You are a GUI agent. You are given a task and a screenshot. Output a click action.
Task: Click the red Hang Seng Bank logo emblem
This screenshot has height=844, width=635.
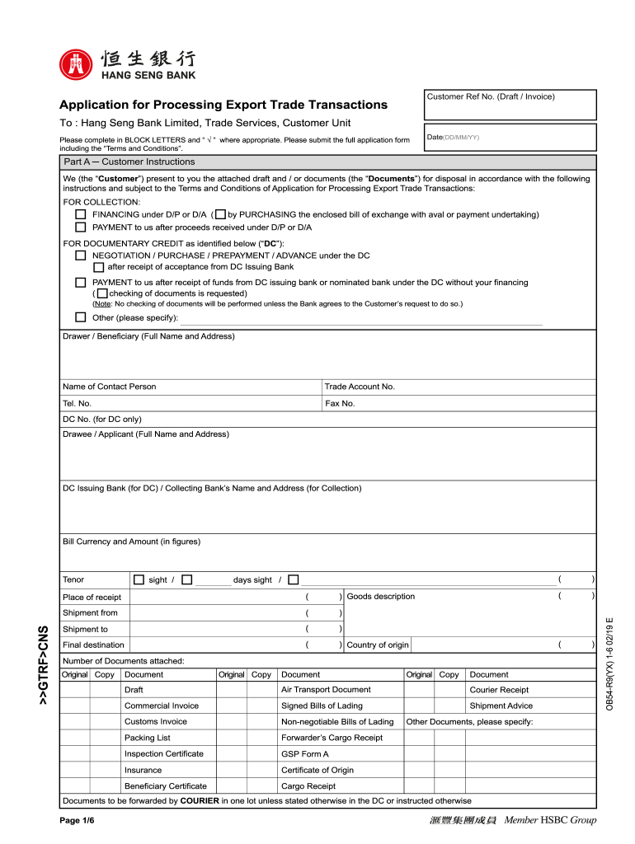click(x=77, y=65)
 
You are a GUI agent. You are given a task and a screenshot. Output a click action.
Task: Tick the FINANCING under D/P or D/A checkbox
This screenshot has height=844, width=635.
click(x=81, y=214)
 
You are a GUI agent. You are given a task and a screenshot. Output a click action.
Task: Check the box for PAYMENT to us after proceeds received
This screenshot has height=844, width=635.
click(x=81, y=227)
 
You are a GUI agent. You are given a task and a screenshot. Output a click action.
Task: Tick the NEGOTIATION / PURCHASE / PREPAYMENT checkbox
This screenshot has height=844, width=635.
click(x=81, y=256)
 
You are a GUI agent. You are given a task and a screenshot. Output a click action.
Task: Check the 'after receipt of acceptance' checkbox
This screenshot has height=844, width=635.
click(x=99, y=267)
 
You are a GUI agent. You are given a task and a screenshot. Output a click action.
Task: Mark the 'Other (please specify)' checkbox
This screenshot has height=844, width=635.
click(x=81, y=317)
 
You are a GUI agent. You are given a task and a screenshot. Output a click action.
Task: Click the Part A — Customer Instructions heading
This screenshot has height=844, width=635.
click(x=129, y=162)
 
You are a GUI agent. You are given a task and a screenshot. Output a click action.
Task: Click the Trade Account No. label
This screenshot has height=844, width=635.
click(x=360, y=387)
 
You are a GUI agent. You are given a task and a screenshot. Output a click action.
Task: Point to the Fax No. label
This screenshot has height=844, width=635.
click(x=340, y=404)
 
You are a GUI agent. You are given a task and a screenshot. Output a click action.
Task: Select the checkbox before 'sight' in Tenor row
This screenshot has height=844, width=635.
click(x=139, y=579)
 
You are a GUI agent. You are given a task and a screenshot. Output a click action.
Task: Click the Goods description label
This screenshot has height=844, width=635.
click(x=381, y=597)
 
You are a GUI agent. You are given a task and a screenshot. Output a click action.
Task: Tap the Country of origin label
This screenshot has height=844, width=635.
click(x=378, y=645)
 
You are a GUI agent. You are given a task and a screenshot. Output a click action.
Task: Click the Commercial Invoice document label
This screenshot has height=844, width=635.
click(x=162, y=706)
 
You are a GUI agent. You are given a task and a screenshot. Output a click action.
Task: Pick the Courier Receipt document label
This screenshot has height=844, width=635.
click(x=499, y=690)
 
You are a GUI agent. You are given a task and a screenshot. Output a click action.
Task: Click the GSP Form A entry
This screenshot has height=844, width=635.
click(x=305, y=754)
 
